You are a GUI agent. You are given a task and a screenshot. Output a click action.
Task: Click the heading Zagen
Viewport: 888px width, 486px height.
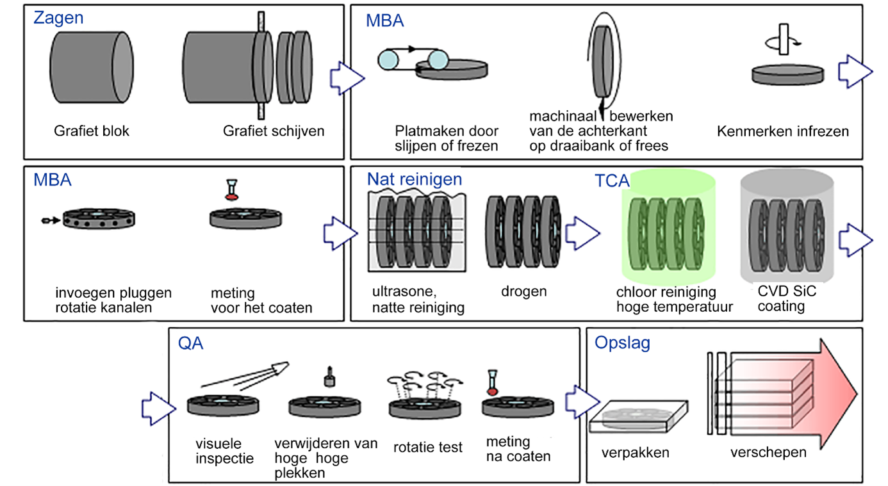(x=58, y=18)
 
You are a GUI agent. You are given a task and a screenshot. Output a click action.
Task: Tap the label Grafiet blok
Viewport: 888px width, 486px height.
(x=92, y=131)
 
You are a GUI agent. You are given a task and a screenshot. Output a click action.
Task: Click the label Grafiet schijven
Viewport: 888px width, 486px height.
(x=274, y=131)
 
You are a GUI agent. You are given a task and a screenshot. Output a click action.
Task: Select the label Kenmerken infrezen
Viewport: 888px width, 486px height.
(x=783, y=131)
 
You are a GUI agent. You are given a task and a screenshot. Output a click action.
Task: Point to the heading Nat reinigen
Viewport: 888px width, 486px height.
(x=415, y=179)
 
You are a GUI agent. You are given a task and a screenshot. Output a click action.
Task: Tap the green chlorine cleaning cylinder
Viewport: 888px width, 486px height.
(x=666, y=231)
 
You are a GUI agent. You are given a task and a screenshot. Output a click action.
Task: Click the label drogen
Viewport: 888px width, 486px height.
(x=524, y=291)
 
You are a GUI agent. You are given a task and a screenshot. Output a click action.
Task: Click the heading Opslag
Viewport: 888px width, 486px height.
(x=622, y=343)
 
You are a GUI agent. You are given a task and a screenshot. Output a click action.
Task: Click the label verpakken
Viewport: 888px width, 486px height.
(x=636, y=453)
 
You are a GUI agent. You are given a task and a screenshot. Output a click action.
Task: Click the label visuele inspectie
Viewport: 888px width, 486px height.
(x=225, y=450)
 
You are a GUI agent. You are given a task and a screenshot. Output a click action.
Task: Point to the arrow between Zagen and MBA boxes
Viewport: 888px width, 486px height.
(x=347, y=77)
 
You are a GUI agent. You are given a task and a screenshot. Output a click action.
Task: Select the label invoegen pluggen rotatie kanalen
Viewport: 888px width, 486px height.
(x=113, y=300)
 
